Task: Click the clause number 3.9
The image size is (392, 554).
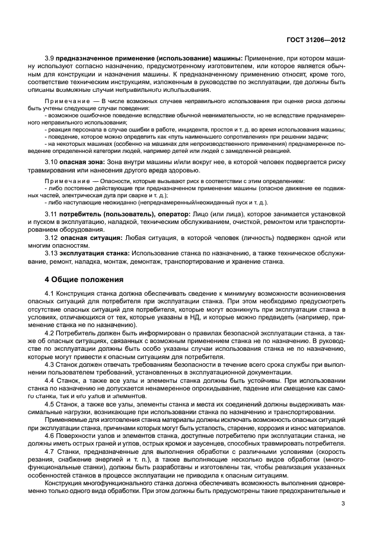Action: click(x=50, y=58)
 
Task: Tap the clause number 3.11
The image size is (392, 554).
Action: click(x=52, y=213)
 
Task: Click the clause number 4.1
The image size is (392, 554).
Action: click(x=50, y=294)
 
